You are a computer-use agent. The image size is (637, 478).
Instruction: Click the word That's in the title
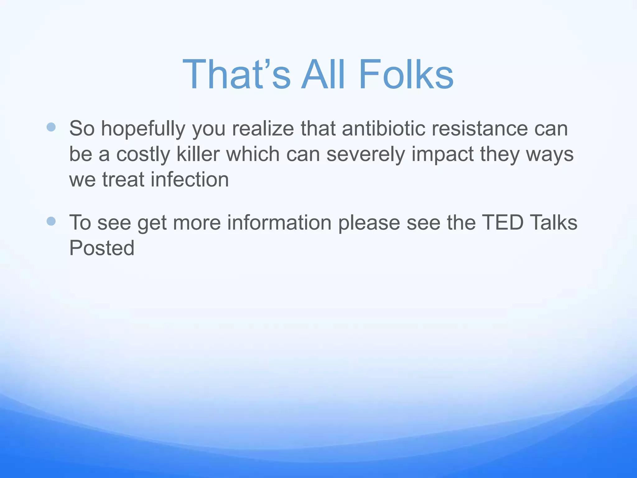coord(236,75)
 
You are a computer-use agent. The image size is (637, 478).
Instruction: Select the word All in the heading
coord(323,75)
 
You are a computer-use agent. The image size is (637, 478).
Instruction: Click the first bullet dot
coord(51,127)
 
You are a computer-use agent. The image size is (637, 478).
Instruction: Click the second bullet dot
coord(51,221)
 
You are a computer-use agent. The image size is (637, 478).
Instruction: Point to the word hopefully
coord(143,129)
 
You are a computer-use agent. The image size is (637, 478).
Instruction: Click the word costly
coord(143,154)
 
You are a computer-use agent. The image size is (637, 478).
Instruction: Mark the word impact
coord(442,154)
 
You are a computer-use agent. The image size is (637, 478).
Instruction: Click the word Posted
coord(102,248)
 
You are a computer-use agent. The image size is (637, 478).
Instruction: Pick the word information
coord(279,223)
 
